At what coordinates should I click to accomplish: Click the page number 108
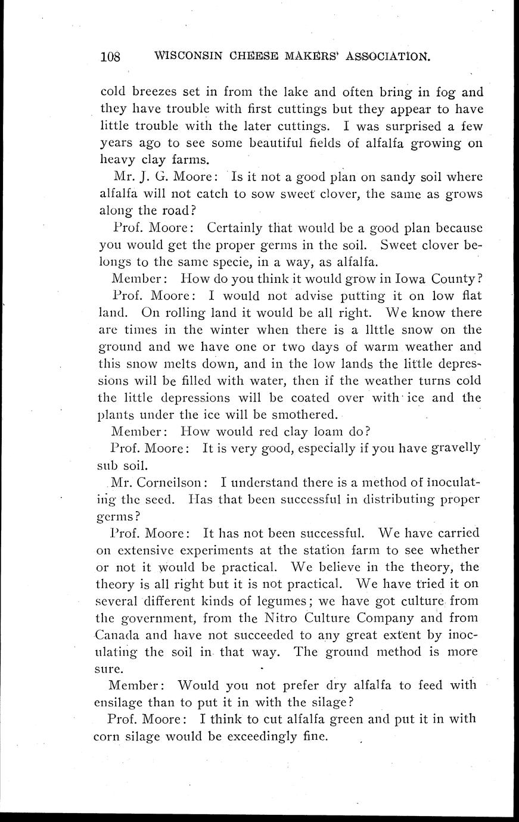110,57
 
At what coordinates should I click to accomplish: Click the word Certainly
238,228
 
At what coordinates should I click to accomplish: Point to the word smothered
304,413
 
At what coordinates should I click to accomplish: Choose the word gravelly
452,447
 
